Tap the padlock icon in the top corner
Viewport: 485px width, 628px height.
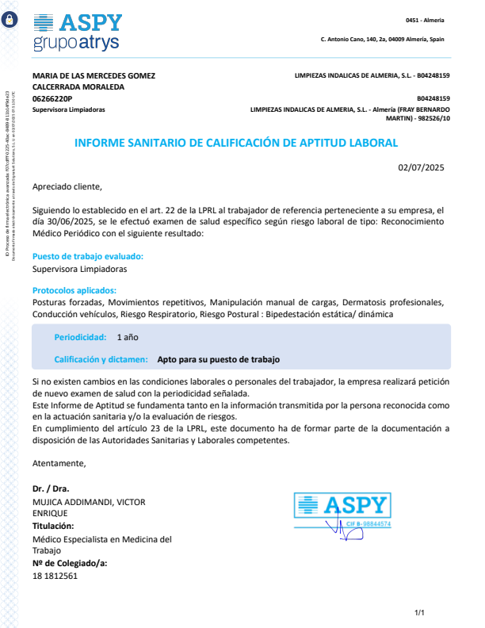point(10,21)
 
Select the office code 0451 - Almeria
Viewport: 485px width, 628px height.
point(425,20)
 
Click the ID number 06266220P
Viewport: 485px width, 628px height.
point(53,98)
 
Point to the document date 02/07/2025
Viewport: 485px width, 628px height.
point(422,167)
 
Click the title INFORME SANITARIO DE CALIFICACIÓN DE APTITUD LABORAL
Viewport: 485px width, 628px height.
point(235,143)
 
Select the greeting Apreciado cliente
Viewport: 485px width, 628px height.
point(67,187)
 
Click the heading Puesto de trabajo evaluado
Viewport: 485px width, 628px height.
point(88,256)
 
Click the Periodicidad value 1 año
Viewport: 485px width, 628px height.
point(128,337)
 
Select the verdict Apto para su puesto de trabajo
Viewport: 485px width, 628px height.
point(219,359)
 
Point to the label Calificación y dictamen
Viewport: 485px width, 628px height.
point(101,359)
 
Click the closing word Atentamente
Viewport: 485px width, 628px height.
point(59,462)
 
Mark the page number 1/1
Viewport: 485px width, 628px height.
point(420,612)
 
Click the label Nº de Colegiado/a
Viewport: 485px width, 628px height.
point(70,563)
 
